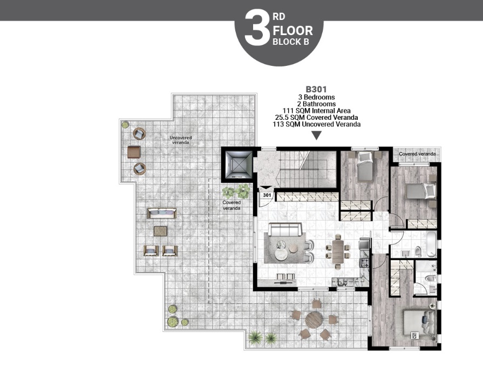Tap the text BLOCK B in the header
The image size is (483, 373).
pos(291,42)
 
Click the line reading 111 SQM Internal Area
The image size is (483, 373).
pos(317,111)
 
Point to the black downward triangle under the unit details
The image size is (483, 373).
pos(317,135)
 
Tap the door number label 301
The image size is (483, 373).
pos(267,195)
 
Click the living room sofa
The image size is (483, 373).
pos(284,231)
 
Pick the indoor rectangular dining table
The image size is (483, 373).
pos(338,253)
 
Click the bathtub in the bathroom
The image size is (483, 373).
pos(430,244)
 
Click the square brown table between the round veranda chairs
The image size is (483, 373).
pos(134,152)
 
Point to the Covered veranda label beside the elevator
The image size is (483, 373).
pos(232,205)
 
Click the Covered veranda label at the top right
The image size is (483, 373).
pos(417,154)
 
